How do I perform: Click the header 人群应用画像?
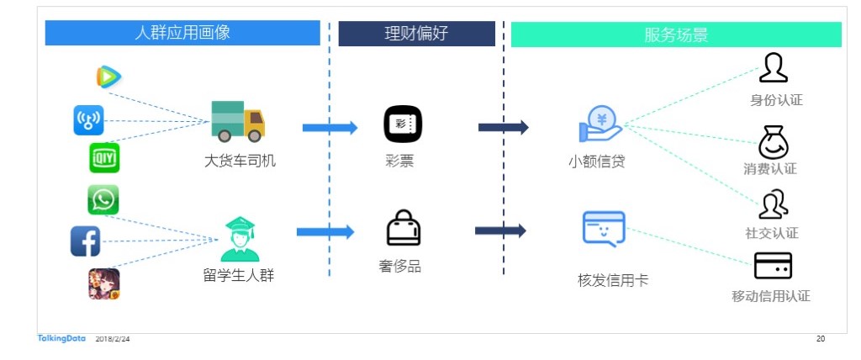pos(182,33)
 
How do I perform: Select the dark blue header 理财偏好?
pos(416,34)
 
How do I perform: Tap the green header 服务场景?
pos(676,34)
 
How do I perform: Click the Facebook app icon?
pos(86,241)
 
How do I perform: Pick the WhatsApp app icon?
pos(103,199)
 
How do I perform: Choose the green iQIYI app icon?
pos(104,157)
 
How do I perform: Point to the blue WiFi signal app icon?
pos(88,120)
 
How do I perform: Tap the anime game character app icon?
pos(103,283)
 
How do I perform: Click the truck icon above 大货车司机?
pos(238,121)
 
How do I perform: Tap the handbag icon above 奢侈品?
pos(403,228)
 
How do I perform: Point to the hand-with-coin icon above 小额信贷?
pos(600,124)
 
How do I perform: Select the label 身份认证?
pos(776,100)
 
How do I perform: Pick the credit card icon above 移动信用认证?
pos(772,266)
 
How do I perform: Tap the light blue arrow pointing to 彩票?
pos(330,128)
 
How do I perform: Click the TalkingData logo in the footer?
pos(61,338)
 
